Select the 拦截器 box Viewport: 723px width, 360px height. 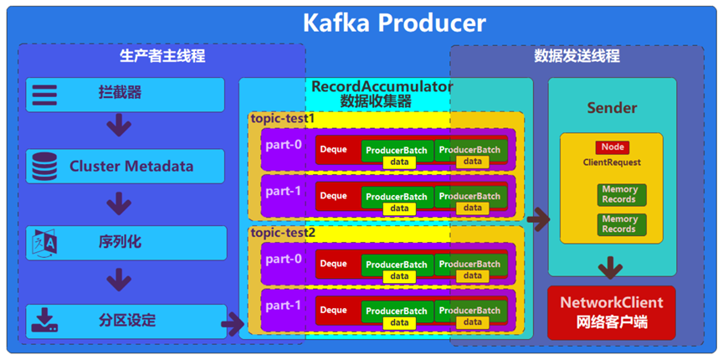pos(126,95)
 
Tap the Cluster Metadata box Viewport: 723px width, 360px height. pos(126,166)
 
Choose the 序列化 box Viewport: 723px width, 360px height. pos(126,243)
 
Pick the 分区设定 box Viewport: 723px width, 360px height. pos(126,321)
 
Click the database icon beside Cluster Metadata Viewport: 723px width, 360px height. pos(43,166)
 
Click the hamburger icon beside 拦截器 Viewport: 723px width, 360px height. pos(44,94)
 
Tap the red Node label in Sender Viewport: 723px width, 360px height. pos(611,147)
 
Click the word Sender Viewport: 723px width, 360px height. pos(612,108)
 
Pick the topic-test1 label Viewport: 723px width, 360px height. pos(283,119)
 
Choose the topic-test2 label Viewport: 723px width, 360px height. pos(283,233)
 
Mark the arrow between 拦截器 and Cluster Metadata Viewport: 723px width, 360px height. pos(120,127)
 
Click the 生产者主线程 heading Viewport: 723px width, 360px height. pos(162,57)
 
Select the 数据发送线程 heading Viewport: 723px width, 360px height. pos(577,57)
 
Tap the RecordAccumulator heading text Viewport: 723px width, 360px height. pos(382,86)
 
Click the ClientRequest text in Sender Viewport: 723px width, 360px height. pos(611,162)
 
